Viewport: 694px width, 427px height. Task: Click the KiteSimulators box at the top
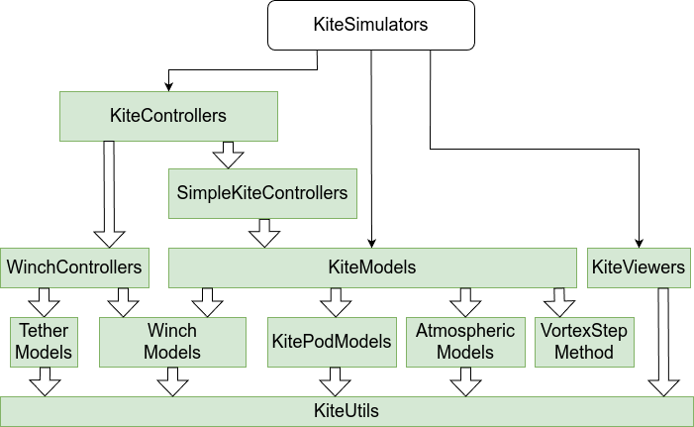pyautogui.click(x=370, y=26)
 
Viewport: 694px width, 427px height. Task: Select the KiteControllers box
pyautogui.click(x=167, y=116)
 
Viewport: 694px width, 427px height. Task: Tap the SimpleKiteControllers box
pyautogui.click(x=262, y=191)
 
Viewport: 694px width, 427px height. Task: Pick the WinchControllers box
pyautogui.click(x=75, y=267)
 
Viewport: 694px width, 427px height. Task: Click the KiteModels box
pyautogui.click(x=371, y=267)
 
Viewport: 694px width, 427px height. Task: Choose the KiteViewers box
pyautogui.click(x=638, y=267)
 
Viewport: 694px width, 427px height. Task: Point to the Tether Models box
pyautogui.click(x=43, y=341)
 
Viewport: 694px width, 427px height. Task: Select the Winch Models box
pyautogui.click(x=172, y=341)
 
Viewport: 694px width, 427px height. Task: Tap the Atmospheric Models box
pyautogui.click(x=465, y=341)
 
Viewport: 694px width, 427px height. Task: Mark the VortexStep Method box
pyautogui.click(x=583, y=341)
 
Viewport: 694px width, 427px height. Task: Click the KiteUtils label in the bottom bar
pyautogui.click(x=347, y=410)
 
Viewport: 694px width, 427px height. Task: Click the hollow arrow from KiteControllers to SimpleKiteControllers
pyautogui.click(x=229, y=154)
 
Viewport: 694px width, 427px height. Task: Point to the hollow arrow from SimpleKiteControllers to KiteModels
pyautogui.click(x=263, y=232)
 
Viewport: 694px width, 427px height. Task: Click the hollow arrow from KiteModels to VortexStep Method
pyautogui.click(x=558, y=302)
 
